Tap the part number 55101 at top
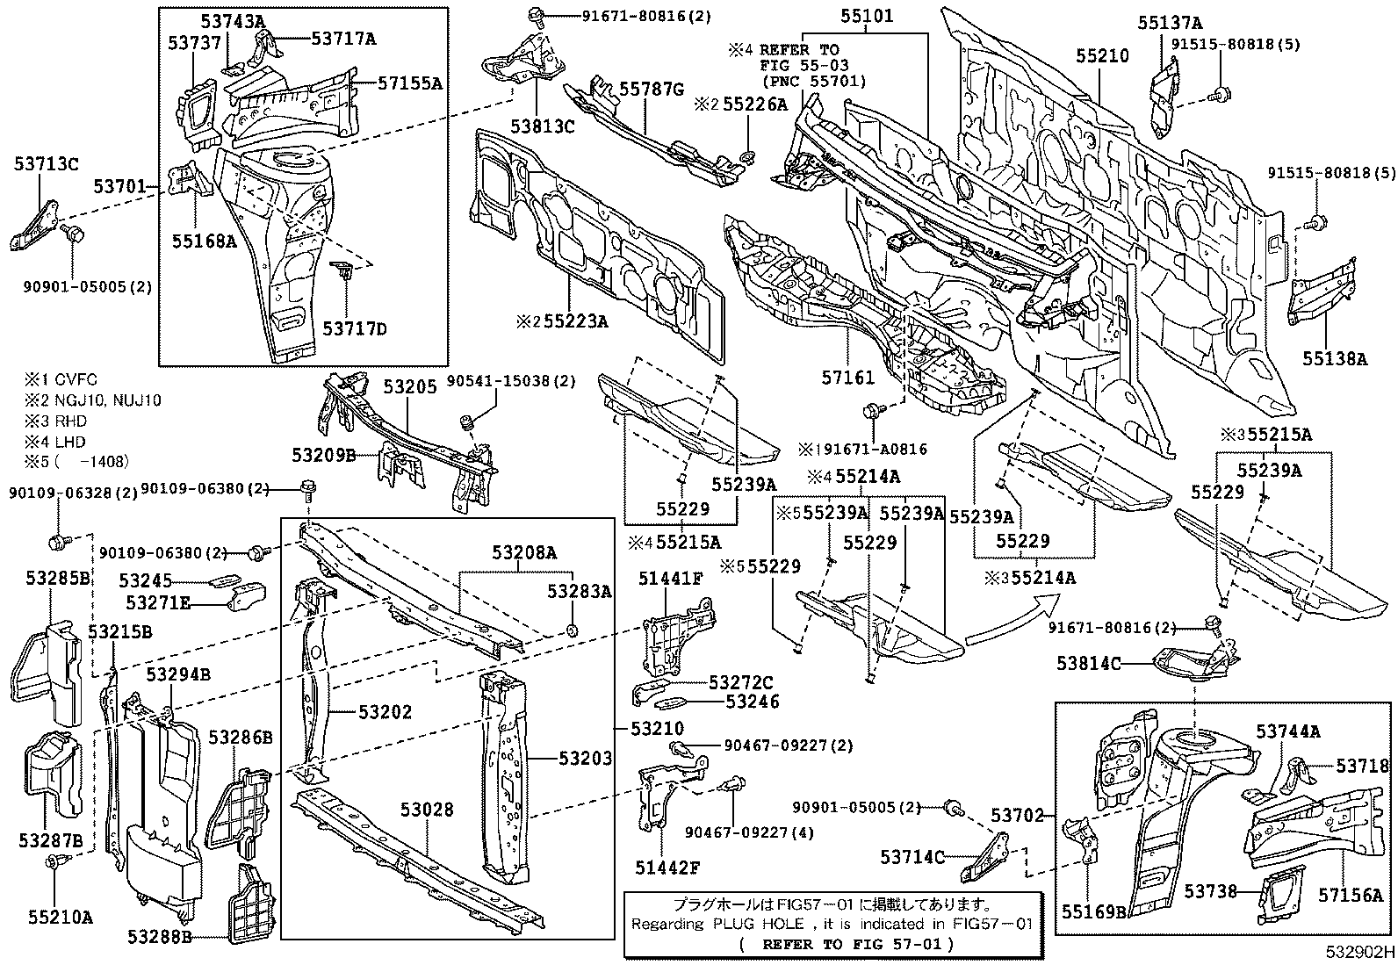[x=866, y=16]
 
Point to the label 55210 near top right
[x=1102, y=55]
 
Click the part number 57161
[x=848, y=378]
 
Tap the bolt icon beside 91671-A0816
[x=875, y=411]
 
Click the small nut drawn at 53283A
[x=572, y=630]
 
